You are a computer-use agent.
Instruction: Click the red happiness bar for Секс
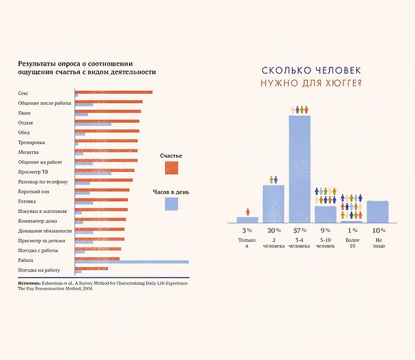tap(113, 92)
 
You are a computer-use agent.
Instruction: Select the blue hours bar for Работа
tap(132, 262)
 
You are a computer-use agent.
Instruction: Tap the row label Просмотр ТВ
tap(33, 172)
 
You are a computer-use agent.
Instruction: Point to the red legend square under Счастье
tap(171, 168)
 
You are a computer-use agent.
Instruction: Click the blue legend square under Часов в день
tap(171, 204)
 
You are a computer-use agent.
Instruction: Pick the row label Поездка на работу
tap(39, 270)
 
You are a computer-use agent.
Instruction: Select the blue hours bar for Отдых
tap(93, 124)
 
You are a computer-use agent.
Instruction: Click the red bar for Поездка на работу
tap(91, 269)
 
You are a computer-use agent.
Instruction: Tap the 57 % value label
tap(300, 230)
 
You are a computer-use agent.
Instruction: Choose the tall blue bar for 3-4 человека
tap(300, 169)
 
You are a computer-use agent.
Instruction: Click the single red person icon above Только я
tap(248, 212)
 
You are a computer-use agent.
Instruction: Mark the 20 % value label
tap(274, 230)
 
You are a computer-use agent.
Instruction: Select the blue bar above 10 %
tap(377, 212)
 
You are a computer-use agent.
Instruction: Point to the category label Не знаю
tap(379, 243)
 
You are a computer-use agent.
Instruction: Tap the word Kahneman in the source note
tap(53, 283)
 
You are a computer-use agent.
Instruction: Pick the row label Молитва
tap(28, 152)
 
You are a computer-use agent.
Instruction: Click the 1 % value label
tap(353, 230)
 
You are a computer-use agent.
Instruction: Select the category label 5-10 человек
tap(326, 243)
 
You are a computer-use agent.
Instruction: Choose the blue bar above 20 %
tap(274, 204)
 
